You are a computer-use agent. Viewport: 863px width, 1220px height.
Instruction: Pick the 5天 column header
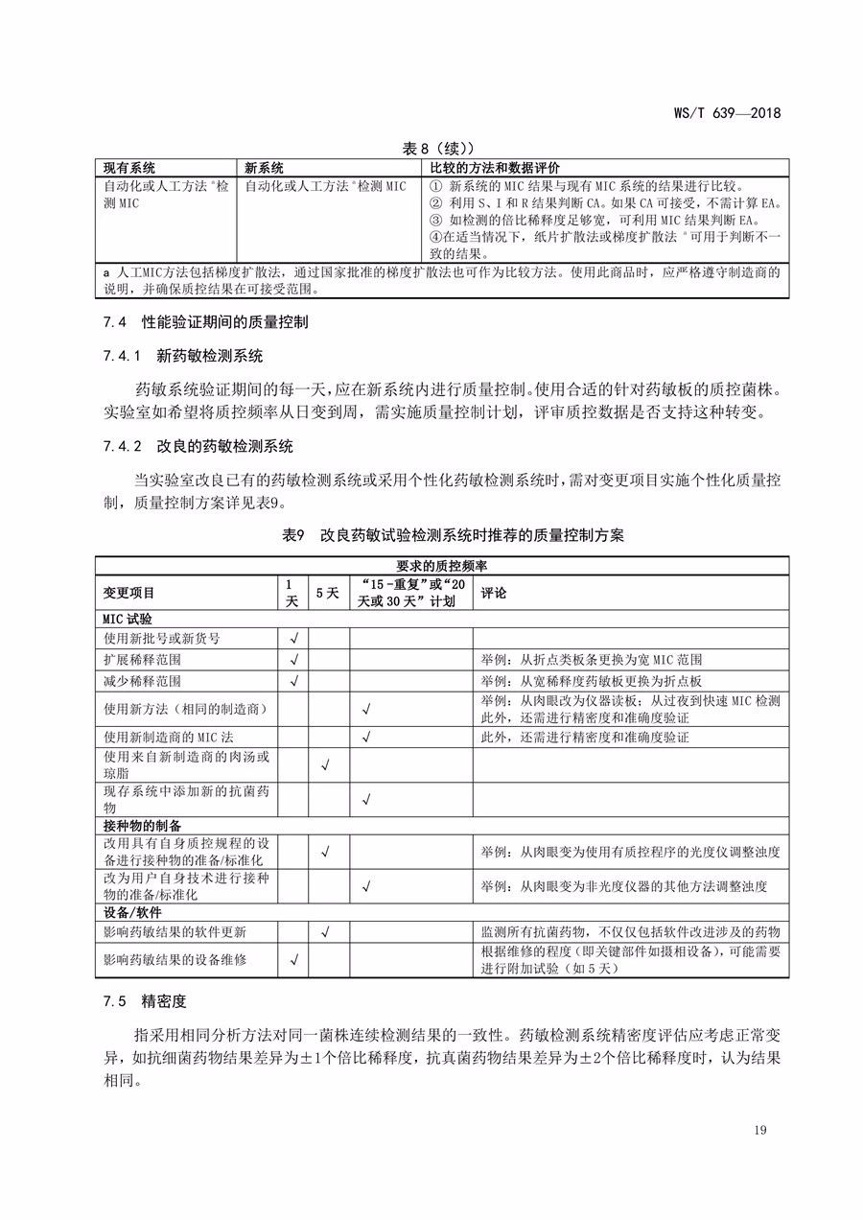(327, 594)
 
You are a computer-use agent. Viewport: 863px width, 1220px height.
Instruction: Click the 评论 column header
(494, 594)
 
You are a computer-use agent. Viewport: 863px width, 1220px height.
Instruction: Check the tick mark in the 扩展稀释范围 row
(293, 660)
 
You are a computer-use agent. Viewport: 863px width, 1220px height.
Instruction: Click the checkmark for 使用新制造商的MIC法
(364, 738)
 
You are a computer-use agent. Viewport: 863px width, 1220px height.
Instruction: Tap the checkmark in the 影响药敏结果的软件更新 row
(326, 931)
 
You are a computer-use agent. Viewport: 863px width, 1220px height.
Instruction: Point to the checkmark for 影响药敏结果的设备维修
(293, 959)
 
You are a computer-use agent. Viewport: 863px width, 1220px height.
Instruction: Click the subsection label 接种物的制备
(143, 825)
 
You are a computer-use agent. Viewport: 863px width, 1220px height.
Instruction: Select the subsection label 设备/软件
(134, 911)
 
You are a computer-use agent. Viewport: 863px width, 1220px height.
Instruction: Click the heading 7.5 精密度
(144, 1001)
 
